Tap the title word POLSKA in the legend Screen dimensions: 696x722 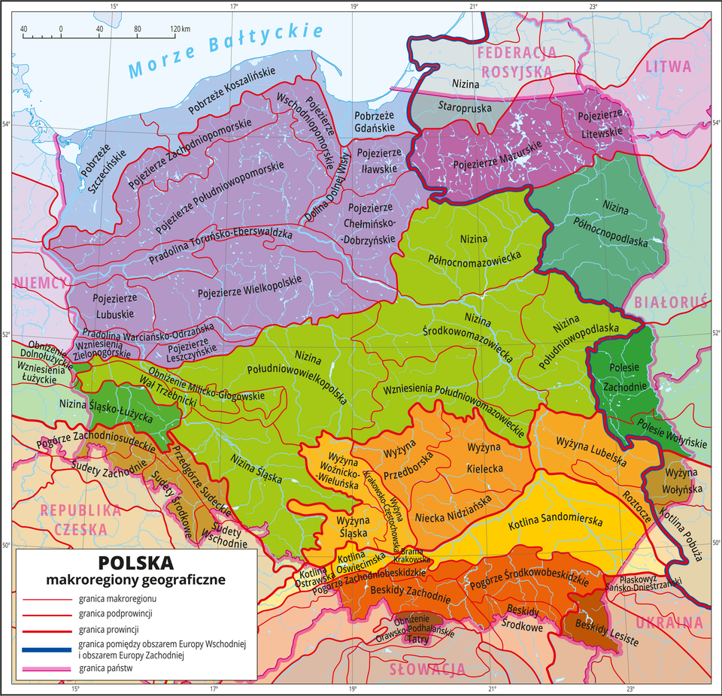(x=135, y=562)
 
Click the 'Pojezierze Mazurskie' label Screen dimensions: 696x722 (x=489, y=161)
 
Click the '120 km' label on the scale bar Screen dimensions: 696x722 (x=180, y=29)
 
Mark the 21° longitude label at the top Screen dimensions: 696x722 (x=474, y=7)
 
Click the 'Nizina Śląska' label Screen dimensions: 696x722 (x=256, y=467)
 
